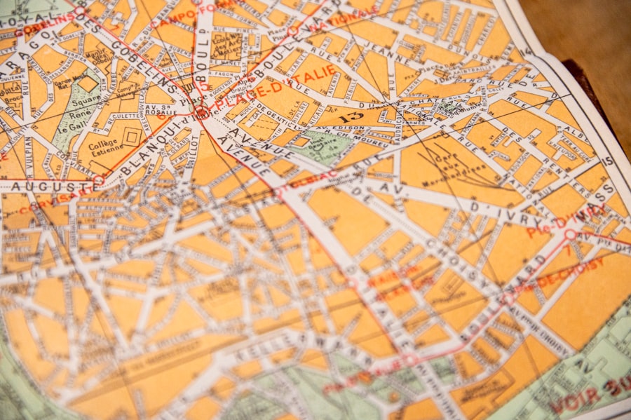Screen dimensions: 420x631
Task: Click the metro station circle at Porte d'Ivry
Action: [570, 234]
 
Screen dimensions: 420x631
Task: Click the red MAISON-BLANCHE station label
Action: [393, 277]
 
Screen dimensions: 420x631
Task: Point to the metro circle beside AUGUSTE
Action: [99, 180]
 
